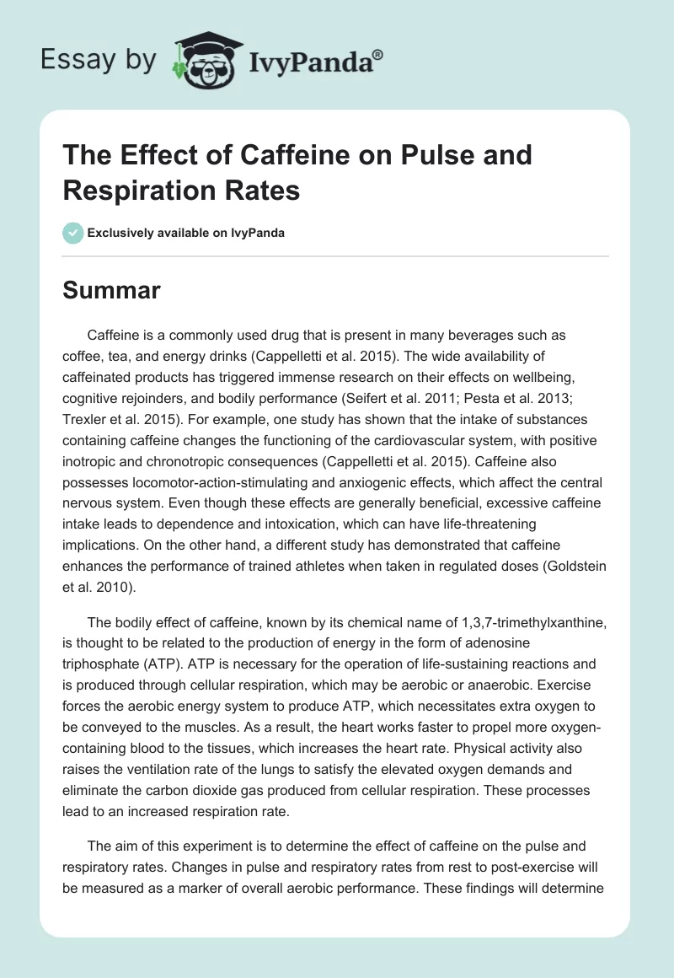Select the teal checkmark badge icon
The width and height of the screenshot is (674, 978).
tap(73, 233)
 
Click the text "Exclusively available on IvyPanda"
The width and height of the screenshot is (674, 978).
tap(186, 233)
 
